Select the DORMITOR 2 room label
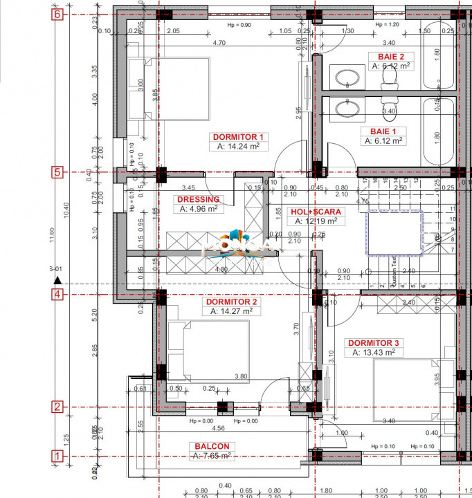tap(231, 302)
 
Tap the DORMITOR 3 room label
tap(373, 342)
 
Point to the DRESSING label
tap(199, 199)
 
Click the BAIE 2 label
tap(390, 56)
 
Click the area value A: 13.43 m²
tap(373, 352)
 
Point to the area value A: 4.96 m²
tap(199, 208)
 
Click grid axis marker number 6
tap(58, 14)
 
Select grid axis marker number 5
tap(58, 172)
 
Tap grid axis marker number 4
tap(58, 295)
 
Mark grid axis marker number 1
tap(58, 456)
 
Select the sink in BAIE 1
tap(345, 109)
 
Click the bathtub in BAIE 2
tap(437, 59)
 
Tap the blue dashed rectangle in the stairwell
tap(395, 232)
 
